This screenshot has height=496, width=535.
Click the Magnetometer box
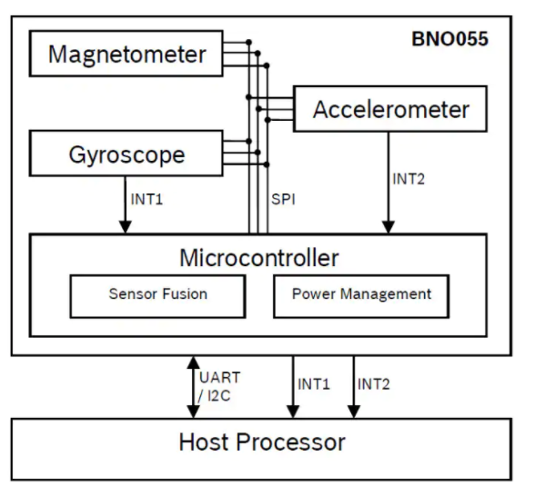pyautogui.click(x=126, y=54)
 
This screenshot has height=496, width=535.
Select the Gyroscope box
pyautogui.click(x=126, y=154)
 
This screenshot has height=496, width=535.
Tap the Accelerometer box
pyautogui.click(x=390, y=110)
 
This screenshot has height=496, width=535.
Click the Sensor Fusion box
pyautogui.click(x=157, y=294)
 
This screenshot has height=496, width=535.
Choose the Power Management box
pyautogui.click(x=361, y=294)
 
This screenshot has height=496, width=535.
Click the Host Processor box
pyautogui.click(x=262, y=442)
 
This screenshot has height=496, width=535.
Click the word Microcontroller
pyautogui.click(x=258, y=257)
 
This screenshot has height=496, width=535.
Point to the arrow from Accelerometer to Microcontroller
pyautogui.click(x=389, y=182)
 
